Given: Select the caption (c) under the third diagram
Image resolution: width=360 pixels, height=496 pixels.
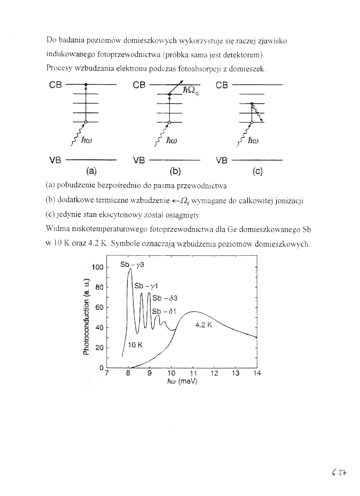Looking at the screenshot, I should tap(257, 171).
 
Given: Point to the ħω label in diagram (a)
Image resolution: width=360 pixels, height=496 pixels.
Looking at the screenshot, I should tap(87, 140).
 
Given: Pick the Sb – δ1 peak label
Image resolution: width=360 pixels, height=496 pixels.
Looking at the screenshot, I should tap(162, 311).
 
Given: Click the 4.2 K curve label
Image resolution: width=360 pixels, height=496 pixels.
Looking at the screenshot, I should tap(204, 325).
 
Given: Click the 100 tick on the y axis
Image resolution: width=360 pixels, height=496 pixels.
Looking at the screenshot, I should tap(97, 268).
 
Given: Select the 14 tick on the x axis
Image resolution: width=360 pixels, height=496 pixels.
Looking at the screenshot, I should tap(256, 374).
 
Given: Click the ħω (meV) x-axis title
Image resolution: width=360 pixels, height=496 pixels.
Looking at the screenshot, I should tap(181, 381).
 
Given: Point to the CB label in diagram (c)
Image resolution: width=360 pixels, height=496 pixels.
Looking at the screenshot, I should tap(222, 85).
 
